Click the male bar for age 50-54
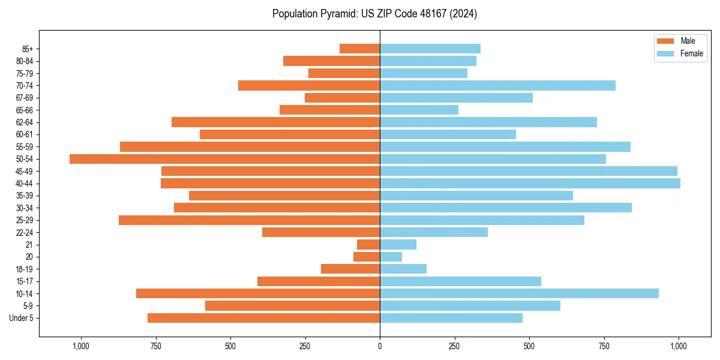pos(224,159)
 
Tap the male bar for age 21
pos(368,245)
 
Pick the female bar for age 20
pos(391,257)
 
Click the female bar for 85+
pos(430,49)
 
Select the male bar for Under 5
pos(263,318)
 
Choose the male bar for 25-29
pos(249,220)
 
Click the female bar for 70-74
pos(497,85)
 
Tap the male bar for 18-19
pos(350,269)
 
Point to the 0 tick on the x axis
pos(380,346)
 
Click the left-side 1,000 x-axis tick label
pos(81,346)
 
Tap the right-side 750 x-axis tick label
pos(604,346)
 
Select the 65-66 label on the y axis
pos(25,110)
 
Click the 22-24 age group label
pos(25,233)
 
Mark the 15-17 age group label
pos(25,281)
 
